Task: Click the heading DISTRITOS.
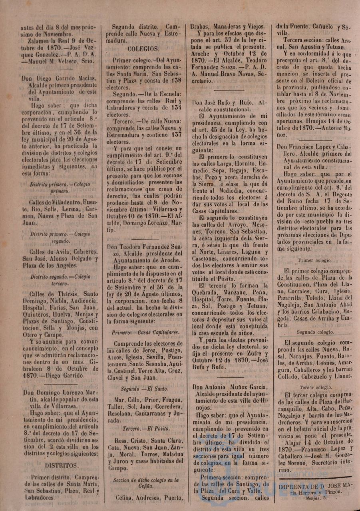pyautogui.click(x=62, y=465)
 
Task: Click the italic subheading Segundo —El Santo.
pyautogui.click(x=145, y=388)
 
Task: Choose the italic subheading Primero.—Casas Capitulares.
pyautogui.click(x=145, y=332)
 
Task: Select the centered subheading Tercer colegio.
pyautogui.click(x=313, y=387)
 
